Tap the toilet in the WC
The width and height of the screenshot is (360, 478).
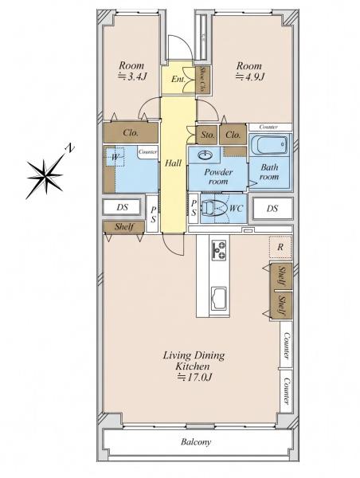214,208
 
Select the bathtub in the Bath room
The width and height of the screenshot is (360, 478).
269,145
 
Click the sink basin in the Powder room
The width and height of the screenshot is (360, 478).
205,155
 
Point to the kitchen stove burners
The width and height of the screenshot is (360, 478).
219,249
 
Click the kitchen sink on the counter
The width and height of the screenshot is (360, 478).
219,297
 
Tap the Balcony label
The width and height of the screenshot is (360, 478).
196,441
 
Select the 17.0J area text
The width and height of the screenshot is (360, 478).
194,378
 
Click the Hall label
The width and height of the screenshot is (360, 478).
173,163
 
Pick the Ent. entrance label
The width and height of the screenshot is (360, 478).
178,79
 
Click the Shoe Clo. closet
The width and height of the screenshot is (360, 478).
202,80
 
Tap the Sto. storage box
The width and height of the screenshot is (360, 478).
207,135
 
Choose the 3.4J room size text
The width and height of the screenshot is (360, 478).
132,76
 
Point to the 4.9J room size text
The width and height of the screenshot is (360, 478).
249,76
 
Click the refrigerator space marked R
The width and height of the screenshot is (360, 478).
280,247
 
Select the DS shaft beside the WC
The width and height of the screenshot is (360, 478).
272,209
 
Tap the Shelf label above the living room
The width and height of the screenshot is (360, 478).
124,226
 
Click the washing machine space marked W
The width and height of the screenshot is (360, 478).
115,157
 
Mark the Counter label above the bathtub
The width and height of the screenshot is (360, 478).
268,127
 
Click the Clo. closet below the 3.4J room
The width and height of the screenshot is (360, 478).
131,132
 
